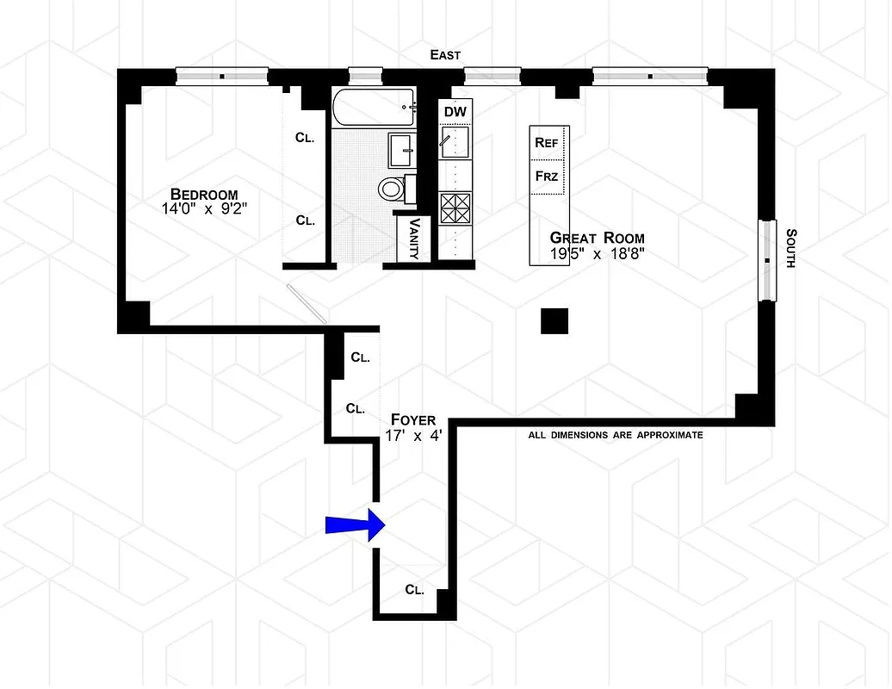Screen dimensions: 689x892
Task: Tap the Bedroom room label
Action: tap(203, 194)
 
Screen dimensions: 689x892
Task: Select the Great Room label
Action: tap(597, 238)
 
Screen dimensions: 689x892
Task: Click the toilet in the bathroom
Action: tap(392, 187)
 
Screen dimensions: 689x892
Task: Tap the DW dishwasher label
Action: tap(455, 111)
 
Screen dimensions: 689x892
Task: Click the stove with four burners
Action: tap(455, 208)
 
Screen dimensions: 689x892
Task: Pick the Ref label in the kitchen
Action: tap(546, 142)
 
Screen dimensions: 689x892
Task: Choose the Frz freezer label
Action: tap(546, 177)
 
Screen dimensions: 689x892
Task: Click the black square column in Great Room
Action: tap(554, 320)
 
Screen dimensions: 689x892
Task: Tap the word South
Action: tap(790, 247)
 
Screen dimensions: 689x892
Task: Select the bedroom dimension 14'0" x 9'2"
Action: tap(203, 208)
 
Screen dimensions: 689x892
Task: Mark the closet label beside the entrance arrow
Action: tap(414, 590)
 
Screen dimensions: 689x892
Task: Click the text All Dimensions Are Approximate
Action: tap(615, 435)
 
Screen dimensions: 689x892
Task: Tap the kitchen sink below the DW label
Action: tap(455, 140)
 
